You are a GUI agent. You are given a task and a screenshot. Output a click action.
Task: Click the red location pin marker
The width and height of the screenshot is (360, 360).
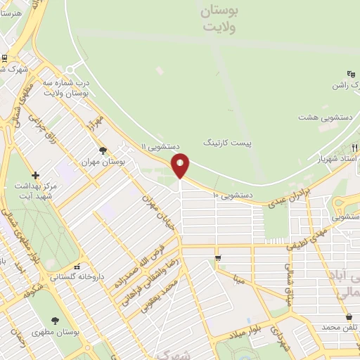[x=181, y=165]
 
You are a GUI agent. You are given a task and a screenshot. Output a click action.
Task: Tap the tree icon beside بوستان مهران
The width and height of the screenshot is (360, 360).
[x=103, y=150]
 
